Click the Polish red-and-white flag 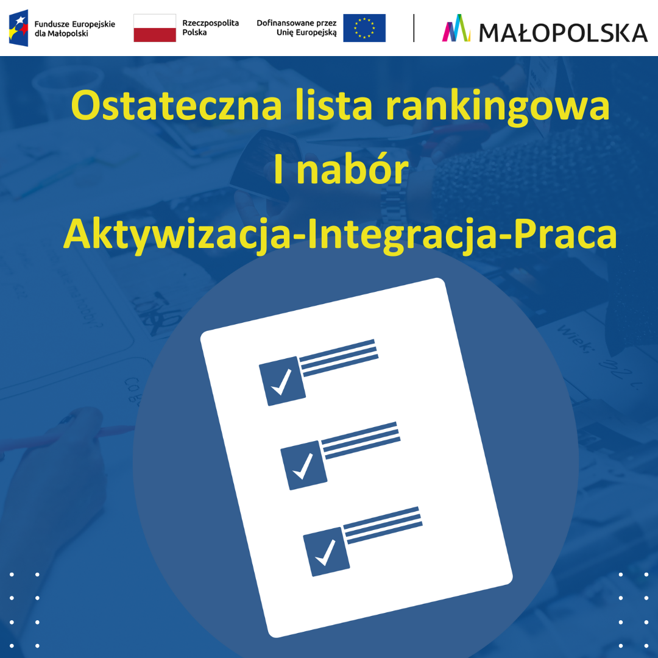point(155,28)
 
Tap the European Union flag point(364,28)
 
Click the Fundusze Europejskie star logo point(18,28)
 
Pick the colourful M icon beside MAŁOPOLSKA point(456,29)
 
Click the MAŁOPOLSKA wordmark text point(563,32)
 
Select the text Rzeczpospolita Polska point(210,27)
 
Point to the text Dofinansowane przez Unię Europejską point(297,27)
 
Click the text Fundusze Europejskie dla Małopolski point(74,29)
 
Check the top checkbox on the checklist point(282,381)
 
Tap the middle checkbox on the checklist point(303,465)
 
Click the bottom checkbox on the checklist point(327,551)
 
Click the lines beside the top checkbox point(339,358)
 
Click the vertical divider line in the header point(414,28)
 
